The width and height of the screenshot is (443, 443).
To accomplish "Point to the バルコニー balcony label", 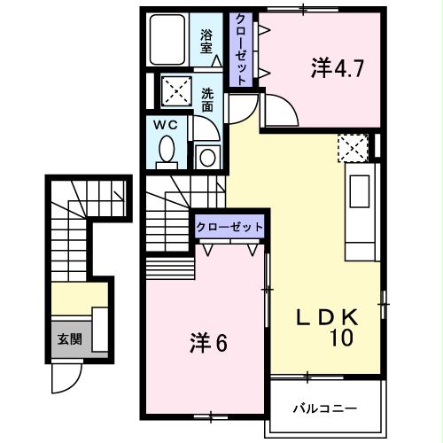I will (325, 408).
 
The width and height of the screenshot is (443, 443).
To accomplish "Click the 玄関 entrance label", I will (67, 339).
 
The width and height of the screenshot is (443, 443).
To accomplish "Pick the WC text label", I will (167, 125).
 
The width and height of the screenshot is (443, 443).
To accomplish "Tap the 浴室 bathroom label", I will (206, 43).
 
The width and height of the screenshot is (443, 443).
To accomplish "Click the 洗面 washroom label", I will (206, 98).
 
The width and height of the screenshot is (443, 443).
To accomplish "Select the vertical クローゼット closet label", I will (239, 49).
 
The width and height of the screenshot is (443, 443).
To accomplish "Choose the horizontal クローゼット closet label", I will (229, 227).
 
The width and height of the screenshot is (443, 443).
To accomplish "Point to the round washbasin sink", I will (207, 158).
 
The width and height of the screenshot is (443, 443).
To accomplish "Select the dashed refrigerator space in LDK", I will (353, 147).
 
